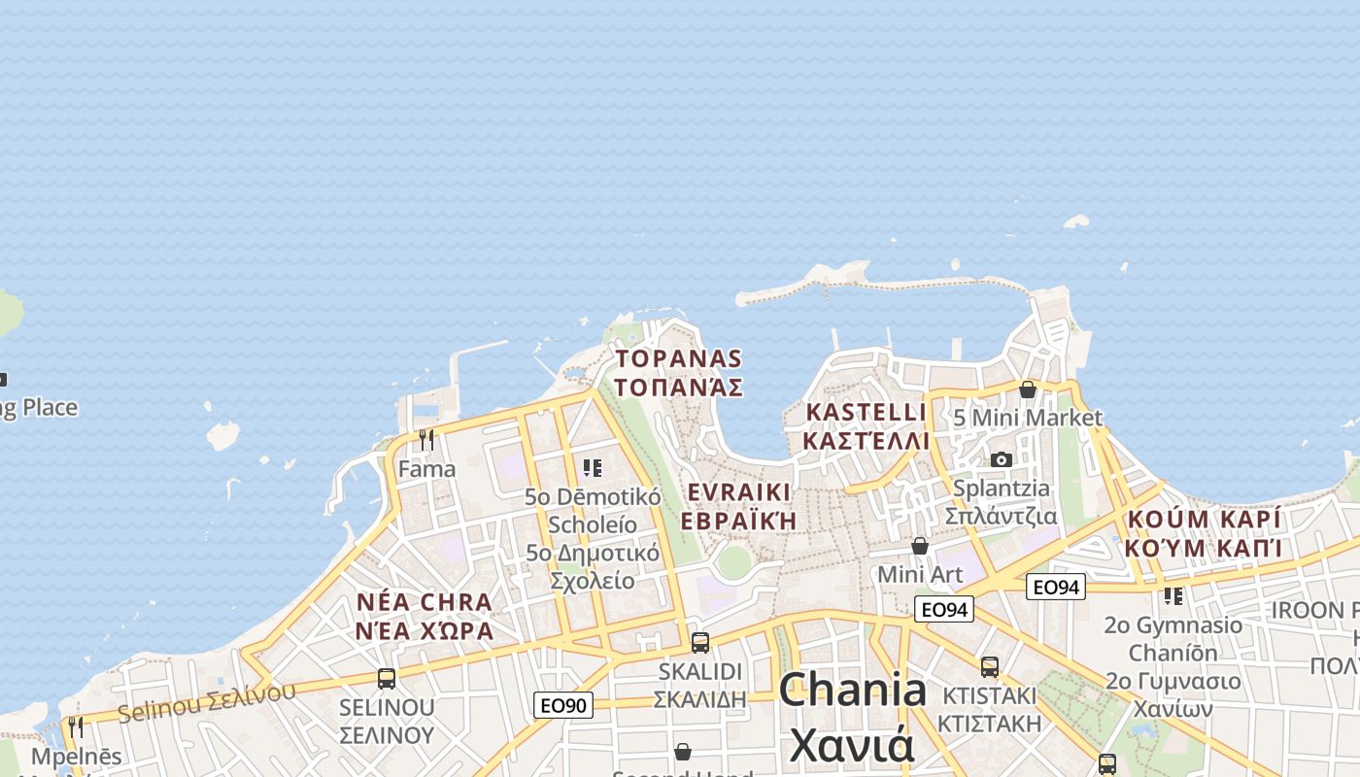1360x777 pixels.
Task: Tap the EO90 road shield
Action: coord(563,704)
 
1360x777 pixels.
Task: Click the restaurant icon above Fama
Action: coord(426,439)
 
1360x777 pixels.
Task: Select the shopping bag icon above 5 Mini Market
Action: coord(1027,389)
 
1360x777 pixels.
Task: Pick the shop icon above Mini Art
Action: coord(919,546)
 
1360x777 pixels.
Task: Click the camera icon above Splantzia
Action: coord(1002,459)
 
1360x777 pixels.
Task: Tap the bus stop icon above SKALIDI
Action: coord(699,642)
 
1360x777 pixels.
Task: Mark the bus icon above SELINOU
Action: coord(387,678)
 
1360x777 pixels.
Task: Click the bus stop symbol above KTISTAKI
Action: coord(990,666)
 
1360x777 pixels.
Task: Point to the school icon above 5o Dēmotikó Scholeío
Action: coord(593,468)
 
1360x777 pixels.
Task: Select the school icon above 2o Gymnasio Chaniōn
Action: coord(1173,595)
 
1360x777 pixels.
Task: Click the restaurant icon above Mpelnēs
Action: coord(76,726)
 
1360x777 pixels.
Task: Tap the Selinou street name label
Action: coord(206,701)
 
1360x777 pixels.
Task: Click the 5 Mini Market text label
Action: coord(1028,418)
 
